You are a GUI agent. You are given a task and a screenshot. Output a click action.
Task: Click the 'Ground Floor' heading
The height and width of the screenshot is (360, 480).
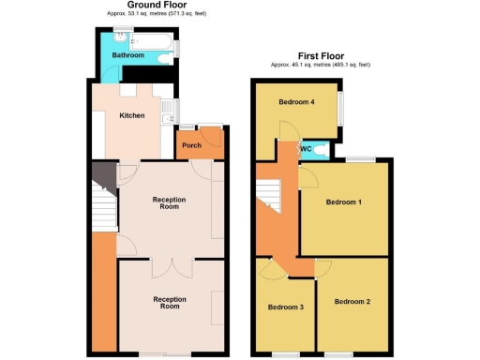156,6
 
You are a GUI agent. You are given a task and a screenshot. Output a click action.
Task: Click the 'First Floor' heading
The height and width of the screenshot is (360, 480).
321,55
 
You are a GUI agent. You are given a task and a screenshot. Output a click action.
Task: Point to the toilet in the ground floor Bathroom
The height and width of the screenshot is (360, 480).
165,59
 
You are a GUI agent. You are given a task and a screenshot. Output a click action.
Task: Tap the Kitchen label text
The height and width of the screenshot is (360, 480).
131,115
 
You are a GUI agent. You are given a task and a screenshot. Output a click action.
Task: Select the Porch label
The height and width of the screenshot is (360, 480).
191,145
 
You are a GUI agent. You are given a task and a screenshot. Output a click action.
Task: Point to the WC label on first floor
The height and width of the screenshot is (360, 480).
306,148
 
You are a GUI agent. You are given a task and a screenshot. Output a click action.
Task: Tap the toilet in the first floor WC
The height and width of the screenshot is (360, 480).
322,148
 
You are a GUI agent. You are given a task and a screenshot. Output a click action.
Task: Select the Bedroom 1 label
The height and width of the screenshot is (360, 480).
343,202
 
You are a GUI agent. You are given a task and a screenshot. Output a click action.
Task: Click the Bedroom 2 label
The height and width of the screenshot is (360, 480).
352,301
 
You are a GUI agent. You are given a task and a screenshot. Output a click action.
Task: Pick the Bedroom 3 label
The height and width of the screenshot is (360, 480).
286,307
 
